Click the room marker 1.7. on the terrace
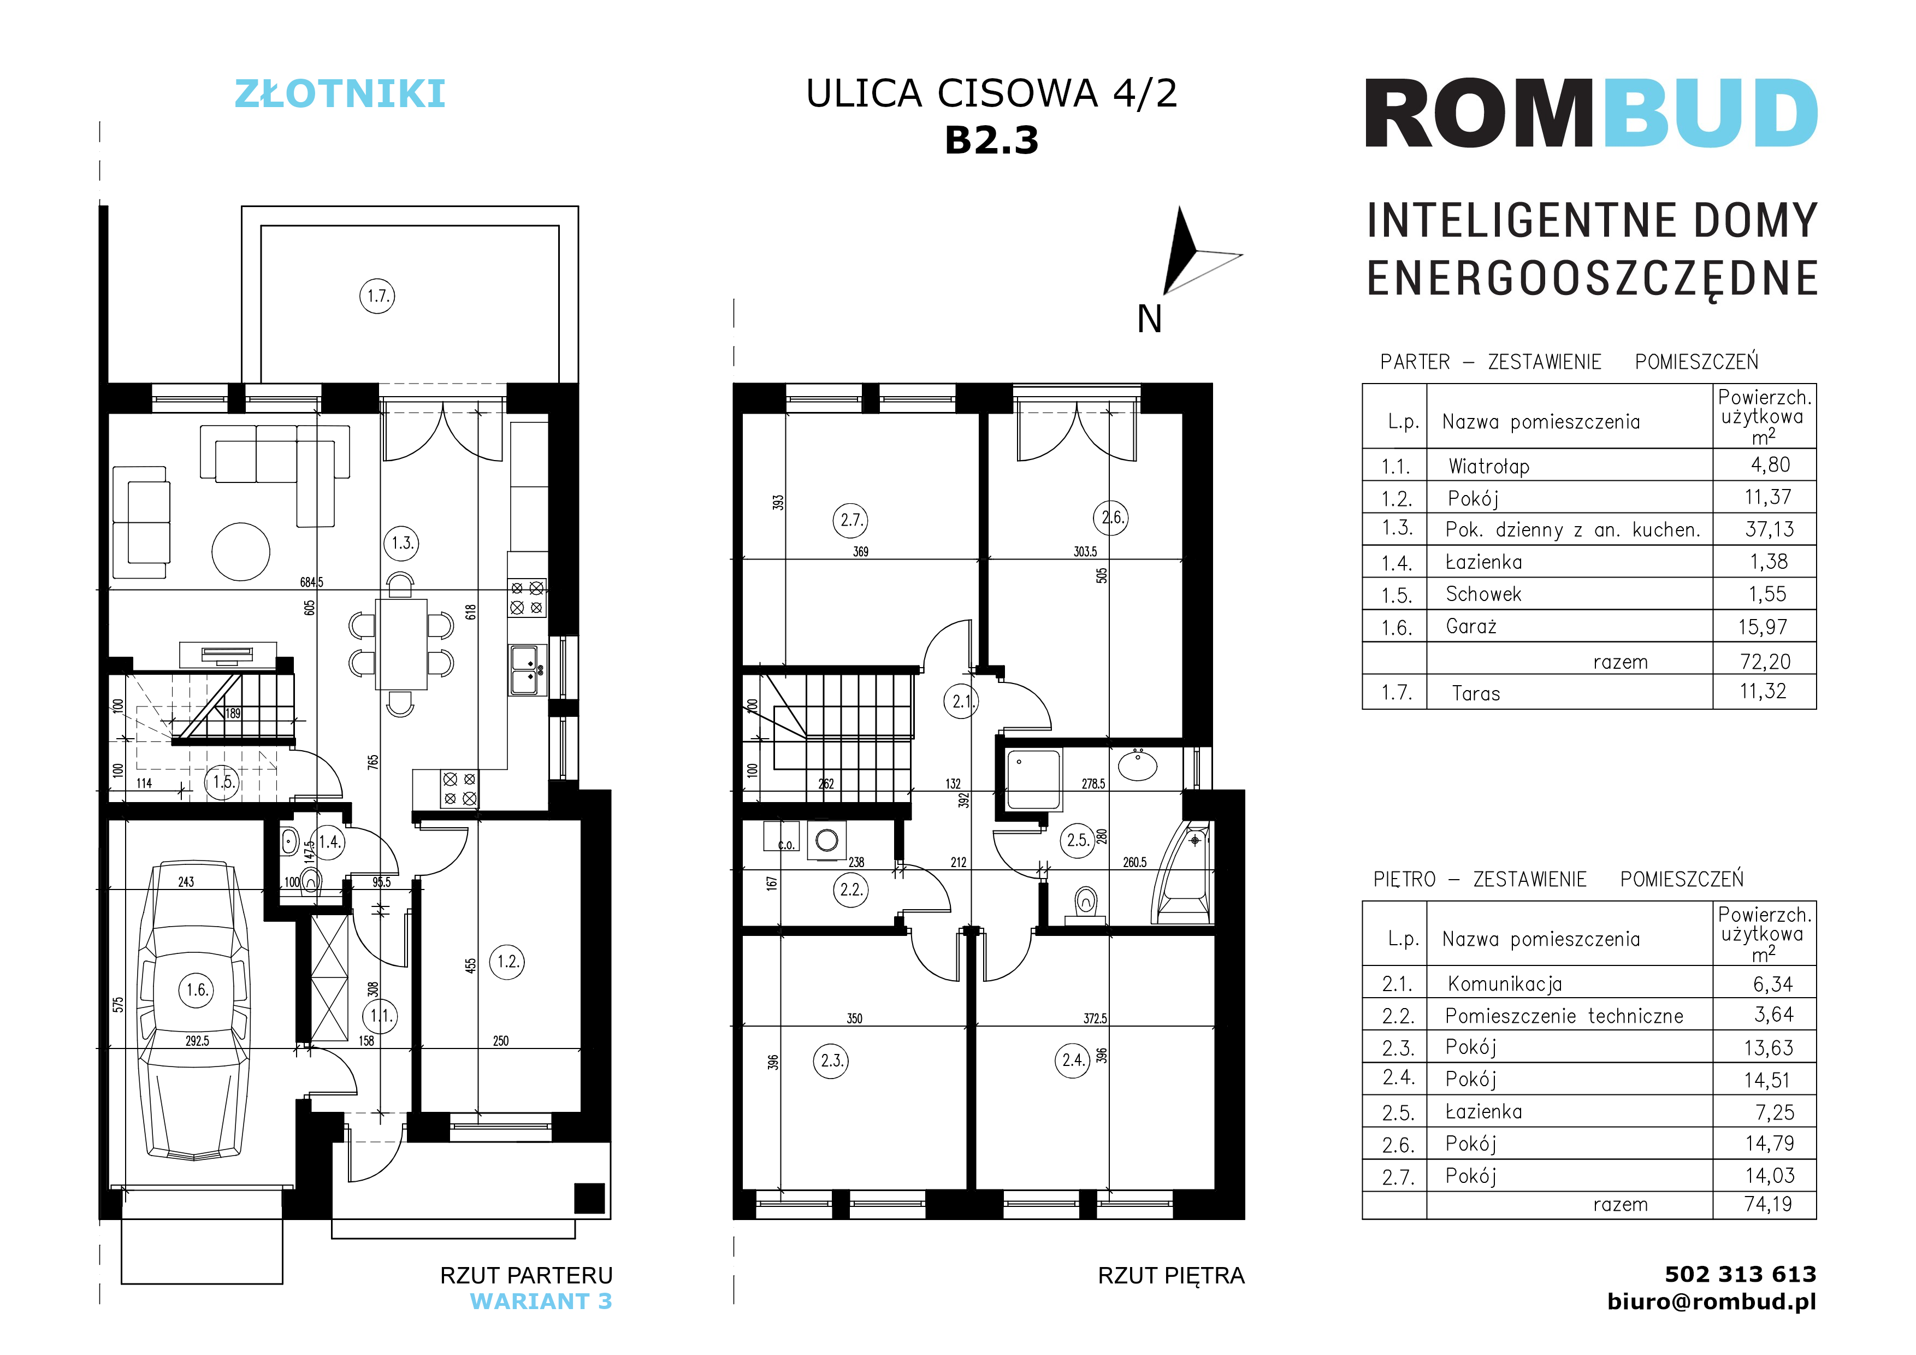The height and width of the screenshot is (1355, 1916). (377, 296)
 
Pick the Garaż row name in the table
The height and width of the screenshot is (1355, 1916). (1471, 627)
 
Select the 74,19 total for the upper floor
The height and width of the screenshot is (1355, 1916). (1767, 1204)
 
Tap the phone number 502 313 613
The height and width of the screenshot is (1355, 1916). (1740, 1274)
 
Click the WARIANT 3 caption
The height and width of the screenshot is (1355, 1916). (541, 1301)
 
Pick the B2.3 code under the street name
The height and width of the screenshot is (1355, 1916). (991, 140)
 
